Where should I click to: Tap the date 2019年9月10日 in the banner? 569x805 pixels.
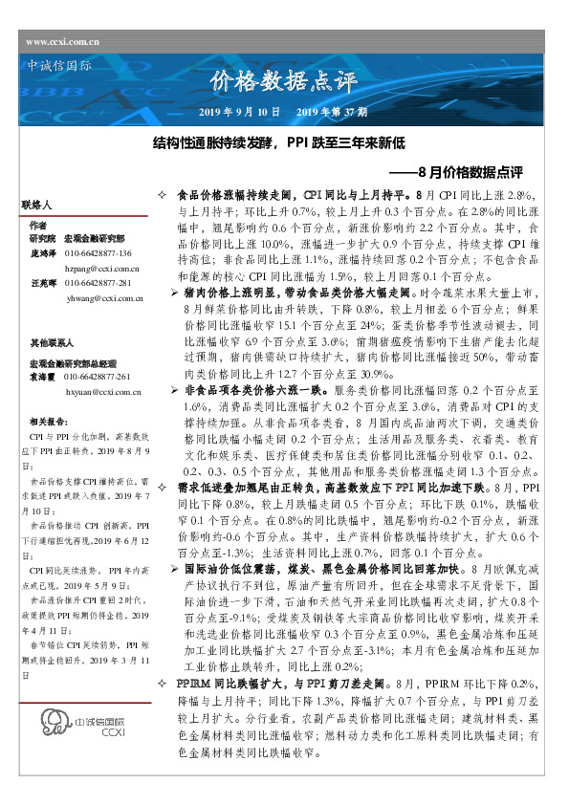pyautogui.click(x=239, y=113)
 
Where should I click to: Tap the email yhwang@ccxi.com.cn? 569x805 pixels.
pyautogui.click(x=103, y=298)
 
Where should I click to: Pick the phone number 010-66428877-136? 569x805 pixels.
pyautogui.click(x=98, y=254)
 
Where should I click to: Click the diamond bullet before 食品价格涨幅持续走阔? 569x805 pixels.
pyautogui.click(x=163, y=194)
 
